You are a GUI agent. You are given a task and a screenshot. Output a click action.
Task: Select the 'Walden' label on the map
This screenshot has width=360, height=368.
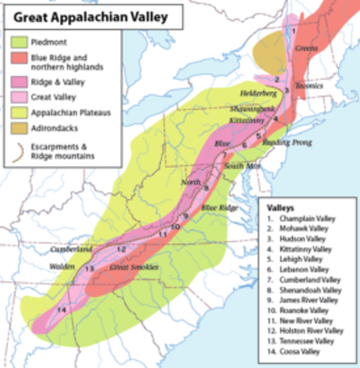pyautogui.click(x=61, y=265)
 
